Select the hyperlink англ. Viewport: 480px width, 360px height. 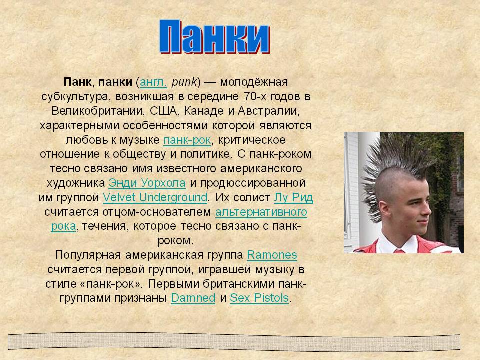[153, 82]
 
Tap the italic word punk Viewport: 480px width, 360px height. [184, 82]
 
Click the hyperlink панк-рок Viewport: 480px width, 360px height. [187, 140]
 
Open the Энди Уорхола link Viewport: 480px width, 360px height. [147, 183]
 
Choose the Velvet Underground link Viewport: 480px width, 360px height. [155, 198]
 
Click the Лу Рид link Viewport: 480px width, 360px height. [293, 198]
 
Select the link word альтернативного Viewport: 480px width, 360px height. [261, 212]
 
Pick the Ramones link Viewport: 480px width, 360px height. [272, 255]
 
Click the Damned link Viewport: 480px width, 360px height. [193, 298]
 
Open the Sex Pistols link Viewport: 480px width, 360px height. [259, 298]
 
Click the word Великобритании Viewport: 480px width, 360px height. [97, 111]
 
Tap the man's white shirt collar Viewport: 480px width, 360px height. [398, 244]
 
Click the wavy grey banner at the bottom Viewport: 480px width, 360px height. [234, 342]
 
